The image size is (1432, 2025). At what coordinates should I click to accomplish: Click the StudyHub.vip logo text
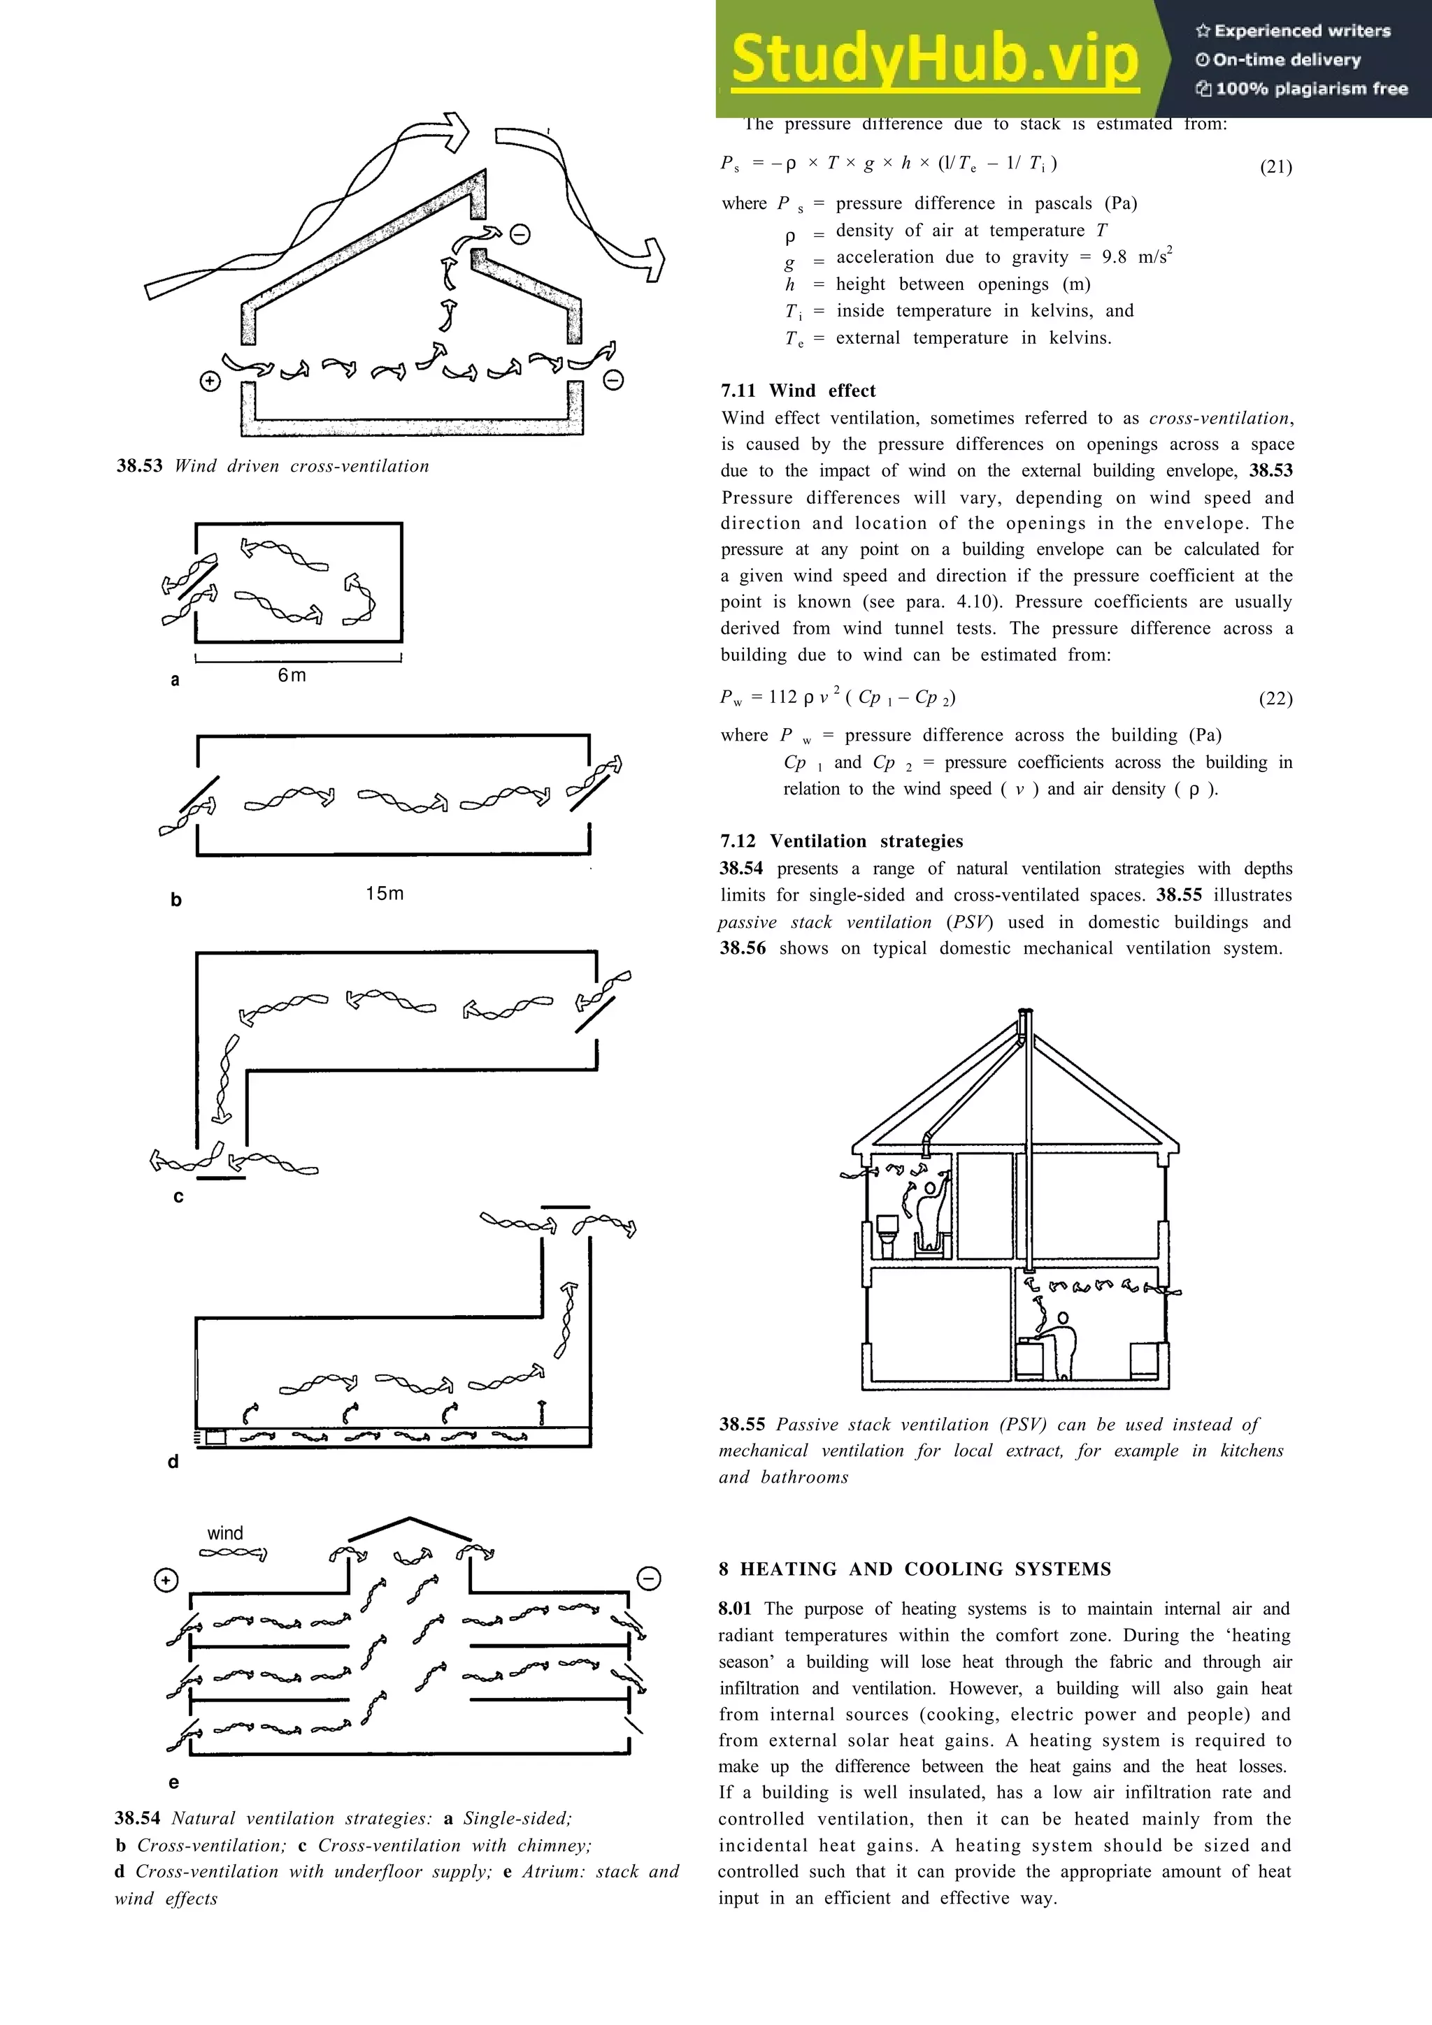[x=934, y=59]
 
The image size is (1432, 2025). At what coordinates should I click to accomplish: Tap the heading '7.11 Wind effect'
[x=798, y=391]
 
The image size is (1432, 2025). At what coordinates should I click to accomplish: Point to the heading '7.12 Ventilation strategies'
[x=841, y=841]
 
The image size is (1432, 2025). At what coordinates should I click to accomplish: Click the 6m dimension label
[x=292, y=676]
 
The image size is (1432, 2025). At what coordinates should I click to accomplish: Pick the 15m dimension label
[x=385, y=894]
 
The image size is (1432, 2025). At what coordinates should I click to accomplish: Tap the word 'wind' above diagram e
[x=225, y=1533]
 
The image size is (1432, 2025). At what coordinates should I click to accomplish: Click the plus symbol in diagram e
[x=166, y=1581]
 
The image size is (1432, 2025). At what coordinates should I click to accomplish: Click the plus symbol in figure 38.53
[x=210, y=382]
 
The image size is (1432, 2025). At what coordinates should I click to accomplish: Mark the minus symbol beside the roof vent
[x=520, y=235]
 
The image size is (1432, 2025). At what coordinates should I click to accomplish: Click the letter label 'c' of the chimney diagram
[x=178, y=1197]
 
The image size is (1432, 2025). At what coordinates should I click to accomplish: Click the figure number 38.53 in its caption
[x=139, y=467]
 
